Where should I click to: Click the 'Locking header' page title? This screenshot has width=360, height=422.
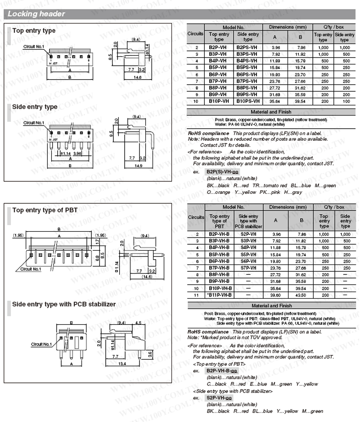36,14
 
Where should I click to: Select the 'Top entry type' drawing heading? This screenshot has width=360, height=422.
34,31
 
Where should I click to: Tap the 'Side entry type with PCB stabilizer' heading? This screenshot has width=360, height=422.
64,304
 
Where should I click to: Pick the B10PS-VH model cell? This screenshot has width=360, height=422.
247,101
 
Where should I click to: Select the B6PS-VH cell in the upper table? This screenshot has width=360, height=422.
247,74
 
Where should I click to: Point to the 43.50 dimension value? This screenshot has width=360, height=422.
300,295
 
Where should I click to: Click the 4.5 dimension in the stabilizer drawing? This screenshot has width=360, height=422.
138,323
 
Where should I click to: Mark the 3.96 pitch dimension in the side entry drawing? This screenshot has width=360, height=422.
77,153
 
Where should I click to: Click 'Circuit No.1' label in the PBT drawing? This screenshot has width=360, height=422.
31,269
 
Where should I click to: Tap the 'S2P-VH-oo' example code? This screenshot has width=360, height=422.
219,398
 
